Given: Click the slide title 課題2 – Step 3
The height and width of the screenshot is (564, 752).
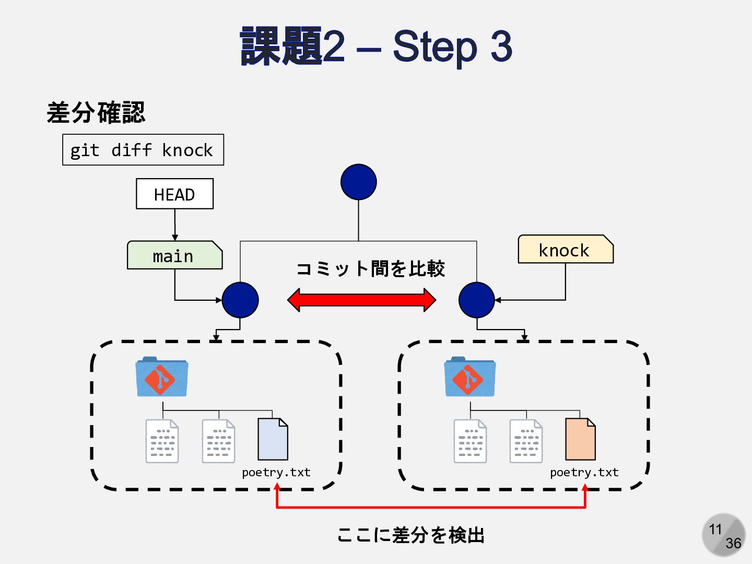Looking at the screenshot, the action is tap(376, 46).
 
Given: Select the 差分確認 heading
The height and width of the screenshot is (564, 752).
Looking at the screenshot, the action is tap(96, 112).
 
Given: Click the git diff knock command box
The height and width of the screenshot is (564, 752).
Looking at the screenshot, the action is tap(143, 150).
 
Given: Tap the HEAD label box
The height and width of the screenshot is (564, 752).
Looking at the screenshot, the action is tap(175, 194).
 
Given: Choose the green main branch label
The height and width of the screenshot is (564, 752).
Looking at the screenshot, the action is tap(175, 255).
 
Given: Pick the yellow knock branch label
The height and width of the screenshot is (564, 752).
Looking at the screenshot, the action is tap(566, 249).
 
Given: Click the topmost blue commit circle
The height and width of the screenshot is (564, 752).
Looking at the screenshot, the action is tap(359, 182).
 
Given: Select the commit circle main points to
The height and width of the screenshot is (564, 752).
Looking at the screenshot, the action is tap(240, 300).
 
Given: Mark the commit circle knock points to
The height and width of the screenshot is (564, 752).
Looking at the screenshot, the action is tap(477, 300).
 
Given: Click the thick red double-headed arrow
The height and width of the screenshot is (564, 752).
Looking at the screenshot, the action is tap(361, 300).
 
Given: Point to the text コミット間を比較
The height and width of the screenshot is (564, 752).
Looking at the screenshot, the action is tap(370, 268).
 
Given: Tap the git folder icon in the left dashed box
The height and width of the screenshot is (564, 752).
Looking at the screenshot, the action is tap(162, 377).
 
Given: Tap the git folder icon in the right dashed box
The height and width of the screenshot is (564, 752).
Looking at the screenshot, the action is tap(469, 377).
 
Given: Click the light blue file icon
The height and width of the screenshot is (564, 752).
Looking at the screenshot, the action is tap(273, 439).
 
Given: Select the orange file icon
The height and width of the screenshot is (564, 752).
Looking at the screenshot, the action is tap(580, 439).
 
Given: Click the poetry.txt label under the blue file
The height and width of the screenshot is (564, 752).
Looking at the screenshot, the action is tap(276, 473).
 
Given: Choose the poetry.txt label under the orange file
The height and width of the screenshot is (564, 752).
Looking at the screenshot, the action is tap(584, 473).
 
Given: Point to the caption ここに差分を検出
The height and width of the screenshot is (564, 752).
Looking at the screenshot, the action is tap(411, 535).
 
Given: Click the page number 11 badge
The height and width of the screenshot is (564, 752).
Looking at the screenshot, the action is tap(723, 535).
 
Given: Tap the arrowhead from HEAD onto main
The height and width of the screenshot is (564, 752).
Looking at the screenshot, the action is tap(175, 238).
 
